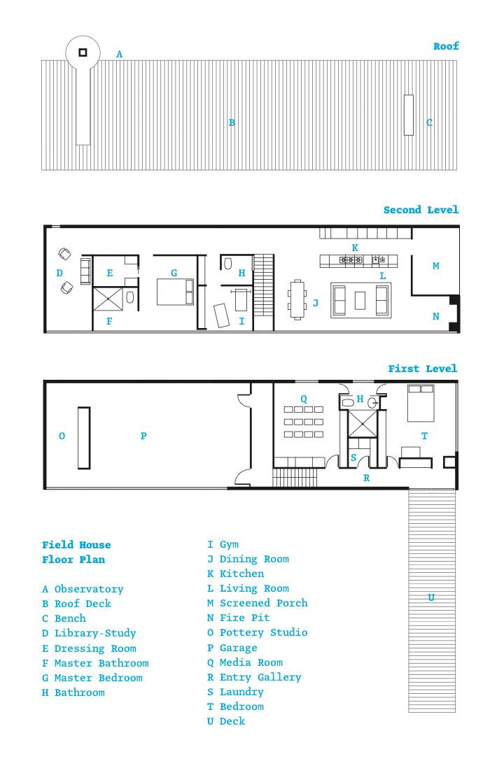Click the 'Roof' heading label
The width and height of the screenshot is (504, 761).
(446, 46)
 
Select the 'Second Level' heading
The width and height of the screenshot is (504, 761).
(421, 210)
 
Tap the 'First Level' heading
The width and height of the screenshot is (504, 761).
(422, 369)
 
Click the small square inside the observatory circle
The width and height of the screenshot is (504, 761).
(83, 52)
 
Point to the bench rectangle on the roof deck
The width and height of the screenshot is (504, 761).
(408, 115)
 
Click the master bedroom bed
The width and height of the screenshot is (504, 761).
(175, 291)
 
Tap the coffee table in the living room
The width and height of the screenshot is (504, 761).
(360, 301)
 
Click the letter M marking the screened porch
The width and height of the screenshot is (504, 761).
(435, 266)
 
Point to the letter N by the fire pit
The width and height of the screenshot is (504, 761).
(435, 316)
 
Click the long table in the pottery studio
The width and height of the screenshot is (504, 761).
(84, 437)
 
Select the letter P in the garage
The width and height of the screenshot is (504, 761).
(143, 436)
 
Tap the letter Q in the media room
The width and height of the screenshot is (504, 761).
(304, 399)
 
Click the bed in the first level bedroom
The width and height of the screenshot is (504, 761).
(421, 404)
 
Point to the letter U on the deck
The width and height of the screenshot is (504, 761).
(431, 597)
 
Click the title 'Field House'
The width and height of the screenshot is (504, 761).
(76, 545)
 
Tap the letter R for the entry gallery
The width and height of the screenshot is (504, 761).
(367, 478)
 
